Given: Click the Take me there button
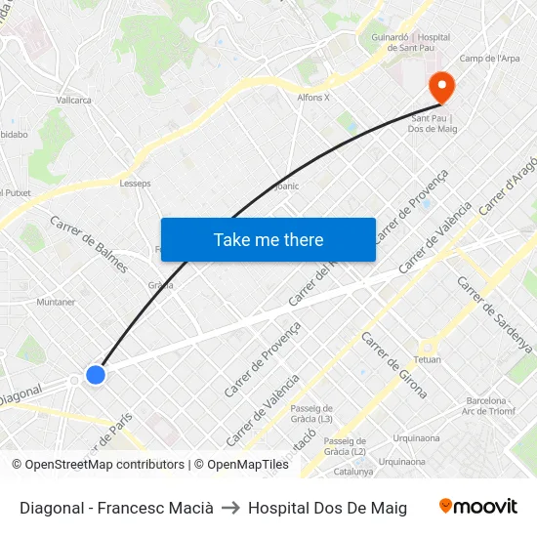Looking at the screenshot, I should coord(268,240).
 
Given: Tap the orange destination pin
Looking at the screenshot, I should coord(442,87).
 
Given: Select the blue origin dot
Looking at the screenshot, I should coord(95,374).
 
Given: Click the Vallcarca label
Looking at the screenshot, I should coord(73,100).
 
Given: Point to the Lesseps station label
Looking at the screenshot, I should coord(135,183).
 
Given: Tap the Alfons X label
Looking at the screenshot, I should coord(313,98).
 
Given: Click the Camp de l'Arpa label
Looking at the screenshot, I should coord(489,59).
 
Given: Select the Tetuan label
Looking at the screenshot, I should coord(428,359).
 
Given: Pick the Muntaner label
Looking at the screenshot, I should coord(56,302).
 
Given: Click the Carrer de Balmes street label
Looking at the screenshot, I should coord(89,243).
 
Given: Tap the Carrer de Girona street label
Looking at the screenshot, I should coord(393,364).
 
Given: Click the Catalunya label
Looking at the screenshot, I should coord(353,472).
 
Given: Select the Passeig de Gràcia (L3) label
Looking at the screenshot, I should coord(312,414).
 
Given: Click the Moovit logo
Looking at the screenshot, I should coord(477,507).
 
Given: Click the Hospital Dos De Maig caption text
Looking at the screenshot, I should coord(327,508).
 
